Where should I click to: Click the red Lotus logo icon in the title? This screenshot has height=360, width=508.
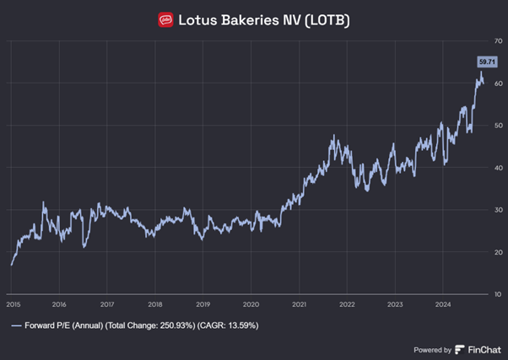pos(165,19)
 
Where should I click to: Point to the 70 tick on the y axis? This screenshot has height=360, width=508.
pos(499,40)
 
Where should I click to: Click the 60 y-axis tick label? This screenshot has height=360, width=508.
pos(499,83)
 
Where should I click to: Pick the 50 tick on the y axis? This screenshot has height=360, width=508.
pos(499,125)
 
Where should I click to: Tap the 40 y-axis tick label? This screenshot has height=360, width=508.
pos(499,167)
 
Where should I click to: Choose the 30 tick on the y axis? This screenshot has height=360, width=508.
pos(499,209)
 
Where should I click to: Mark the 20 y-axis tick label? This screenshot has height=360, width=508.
pos(499,251)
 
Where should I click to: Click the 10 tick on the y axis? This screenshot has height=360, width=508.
pos(499,293)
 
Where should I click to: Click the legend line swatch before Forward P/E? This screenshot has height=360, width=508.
pos(16,325)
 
